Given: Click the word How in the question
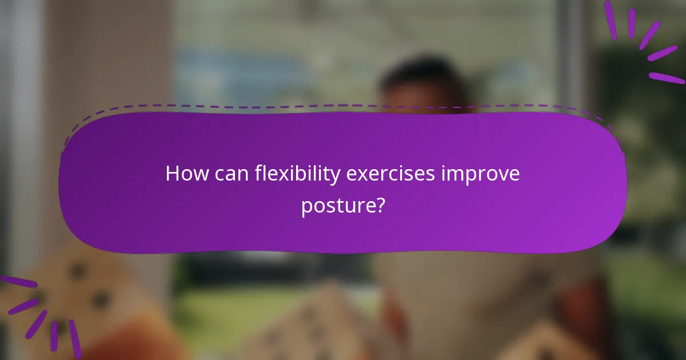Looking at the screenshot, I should pyautogui.click(x=183, y=174).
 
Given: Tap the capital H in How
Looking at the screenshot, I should pyautogui.click(x=171, y=174).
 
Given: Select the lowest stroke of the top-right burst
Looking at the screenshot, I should pyautogui.click(x=667, y=78).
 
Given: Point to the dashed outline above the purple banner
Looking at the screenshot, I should pyautogui.click(x=343, y=106).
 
